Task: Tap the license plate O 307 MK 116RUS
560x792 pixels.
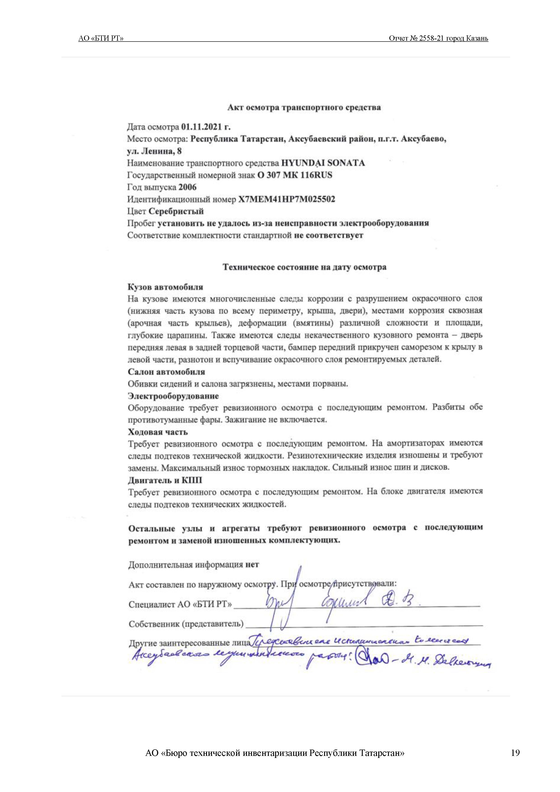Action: tap(295, 175)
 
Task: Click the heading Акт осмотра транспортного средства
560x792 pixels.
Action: tap(304, 108)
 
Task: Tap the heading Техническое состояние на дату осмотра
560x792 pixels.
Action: tap(304, 267)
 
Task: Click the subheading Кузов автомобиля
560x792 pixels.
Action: tap(165, 287)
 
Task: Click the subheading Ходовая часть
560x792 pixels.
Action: tap(158, 432)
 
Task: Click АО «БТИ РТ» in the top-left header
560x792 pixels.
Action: tap(101, 38)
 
